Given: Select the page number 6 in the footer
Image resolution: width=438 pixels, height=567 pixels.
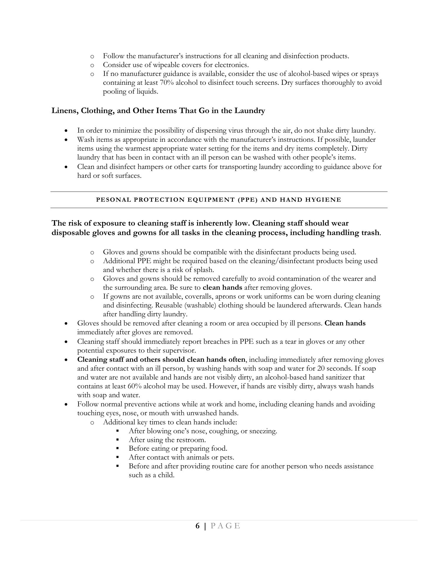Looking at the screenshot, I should (x=198, y=526).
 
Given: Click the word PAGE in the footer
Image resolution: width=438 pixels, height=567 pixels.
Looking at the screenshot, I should (x=225, y=526).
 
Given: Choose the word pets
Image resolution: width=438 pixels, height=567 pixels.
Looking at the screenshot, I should (x=227, y=458).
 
